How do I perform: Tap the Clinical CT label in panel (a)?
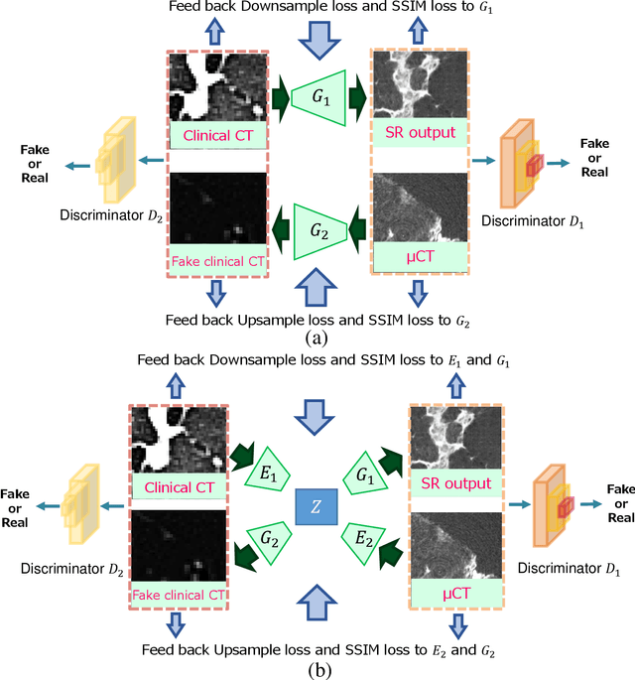(x=218, y=133)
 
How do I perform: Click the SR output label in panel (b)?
(x=454, y=483)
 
